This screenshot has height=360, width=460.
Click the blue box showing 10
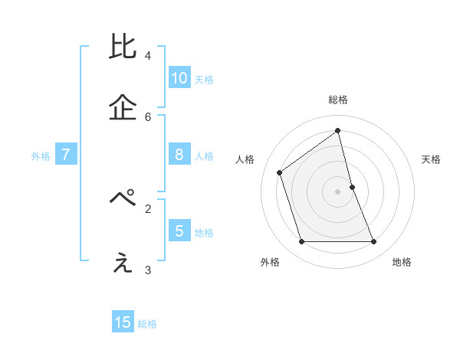click(x=179, y=78)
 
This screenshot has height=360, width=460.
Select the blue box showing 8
click(x=179, y=155)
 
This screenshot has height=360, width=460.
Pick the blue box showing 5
click(x=179, y=231)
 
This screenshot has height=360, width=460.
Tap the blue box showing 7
click(x=66, y=155)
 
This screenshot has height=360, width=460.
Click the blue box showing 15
click(x=123, y=322)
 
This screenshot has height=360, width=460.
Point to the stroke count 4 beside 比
click(x=148, y=56)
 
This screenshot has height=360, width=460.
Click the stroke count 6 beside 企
click(x=148, y=116)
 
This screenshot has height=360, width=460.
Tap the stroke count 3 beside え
click(x=148, y=270)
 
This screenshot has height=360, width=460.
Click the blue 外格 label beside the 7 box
click(x=41, y=156)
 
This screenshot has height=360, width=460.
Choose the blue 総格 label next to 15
click(x=147, y=324)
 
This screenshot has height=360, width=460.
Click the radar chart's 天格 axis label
click(x=432, y=159)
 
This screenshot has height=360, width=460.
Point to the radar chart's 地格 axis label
click(x=402, y=262)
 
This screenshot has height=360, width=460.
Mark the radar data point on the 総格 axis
click(x=338, y=130)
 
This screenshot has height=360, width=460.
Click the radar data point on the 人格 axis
click(x=280, y=172)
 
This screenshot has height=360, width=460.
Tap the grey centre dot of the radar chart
click(x=338, y=191)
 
